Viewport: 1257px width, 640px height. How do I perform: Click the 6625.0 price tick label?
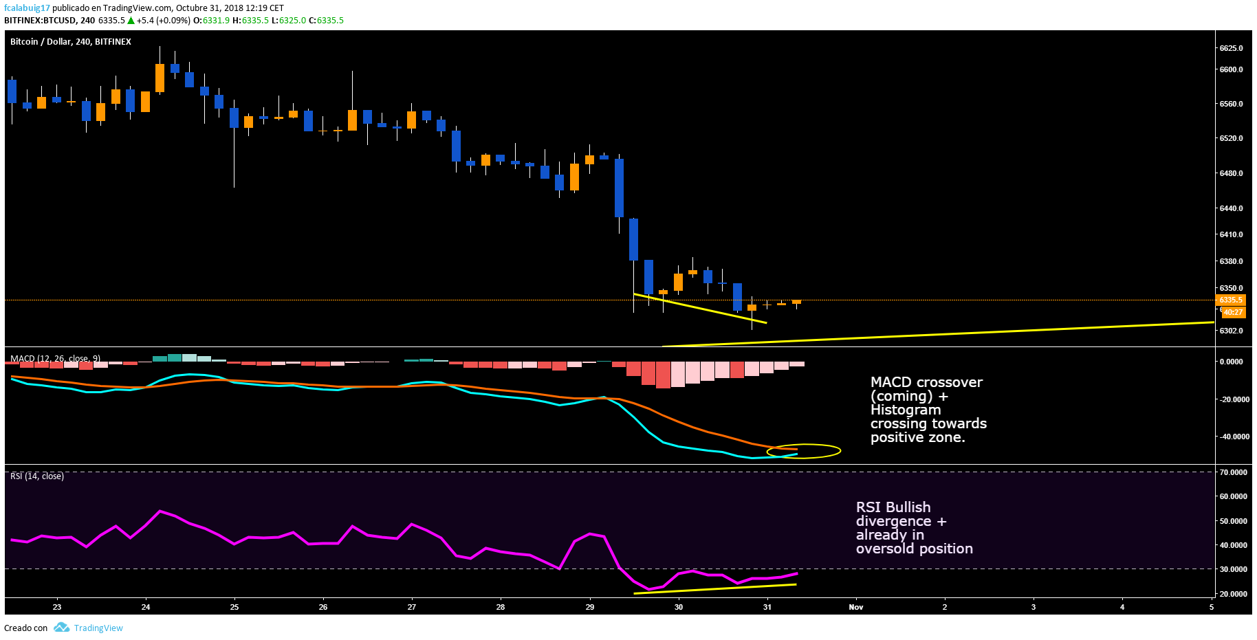pyautogui.click(x=1231, y=48)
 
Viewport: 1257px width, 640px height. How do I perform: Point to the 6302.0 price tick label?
pyautogui.click(x=1231, y=331)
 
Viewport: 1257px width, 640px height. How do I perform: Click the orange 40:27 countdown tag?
pyautogui.click(x=1233, y=312)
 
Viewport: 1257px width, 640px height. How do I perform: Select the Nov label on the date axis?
pyautogui.click(x=855, y=607)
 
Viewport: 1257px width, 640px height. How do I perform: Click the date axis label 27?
pyautogui.click(x=412, y=607)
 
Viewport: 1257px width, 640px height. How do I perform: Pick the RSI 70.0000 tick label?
pyautogui.click(x=1233, y=472)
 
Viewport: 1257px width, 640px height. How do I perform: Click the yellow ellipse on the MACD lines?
pyautogui.click(x=804, y=451)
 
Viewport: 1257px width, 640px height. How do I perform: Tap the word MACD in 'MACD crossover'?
pyautogui.click(x=891, y=382)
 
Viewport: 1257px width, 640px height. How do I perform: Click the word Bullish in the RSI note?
pyautogui.click(x=910, y=507)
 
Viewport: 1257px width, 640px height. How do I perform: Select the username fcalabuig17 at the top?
pyautogui.click(x=27, y=8)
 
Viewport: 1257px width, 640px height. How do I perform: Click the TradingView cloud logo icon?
pyautogui.click(x=62, y=628)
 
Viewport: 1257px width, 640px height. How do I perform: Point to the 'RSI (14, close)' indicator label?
pyautogui.click(x=37, y=476)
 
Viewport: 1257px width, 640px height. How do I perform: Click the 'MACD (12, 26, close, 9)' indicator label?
pyautogui.click(x=55, y=359)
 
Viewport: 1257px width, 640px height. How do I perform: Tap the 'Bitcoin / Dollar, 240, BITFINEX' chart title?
pyautogui.click(x=70, y=42)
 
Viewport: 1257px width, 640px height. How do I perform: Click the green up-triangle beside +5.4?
pyautogui.click(x=131, y=21)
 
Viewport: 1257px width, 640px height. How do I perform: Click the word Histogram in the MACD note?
pyautogui.click(x=905, y=410)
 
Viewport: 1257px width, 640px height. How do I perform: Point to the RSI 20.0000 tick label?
pyautogui.click(x=1233, y=594)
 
